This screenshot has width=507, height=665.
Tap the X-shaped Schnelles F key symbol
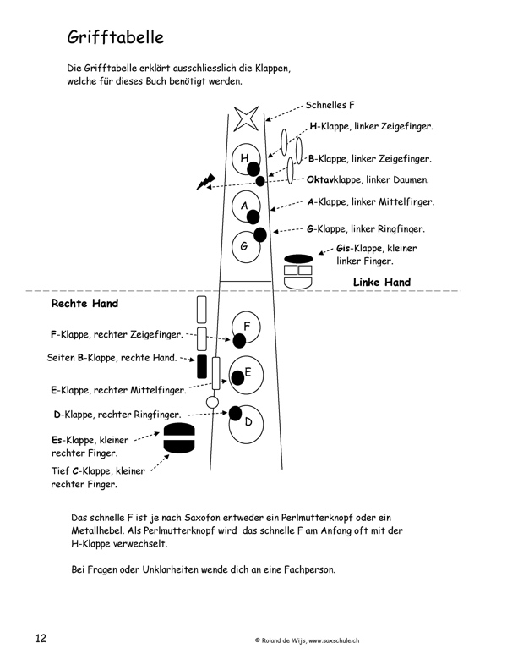tap(246, 118)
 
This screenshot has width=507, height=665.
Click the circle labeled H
tap(245, 158)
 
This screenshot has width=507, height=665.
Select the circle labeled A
tap(245, 206)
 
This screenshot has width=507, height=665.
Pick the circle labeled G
tap(245, 246)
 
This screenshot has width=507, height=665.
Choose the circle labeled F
tap(246, 326)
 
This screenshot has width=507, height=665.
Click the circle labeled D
tap(247, 420)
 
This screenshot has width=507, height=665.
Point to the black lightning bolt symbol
tap(205, 181)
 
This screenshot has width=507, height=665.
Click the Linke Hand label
tap(381, 283)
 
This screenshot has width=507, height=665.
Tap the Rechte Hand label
tap(84, 303)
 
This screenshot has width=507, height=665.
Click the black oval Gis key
tap(298, 258)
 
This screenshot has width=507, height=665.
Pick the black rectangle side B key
tap(201, 366)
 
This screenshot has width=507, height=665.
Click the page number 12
tap(41, 637)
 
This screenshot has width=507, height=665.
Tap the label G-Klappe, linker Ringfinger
tap(366, 228)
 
